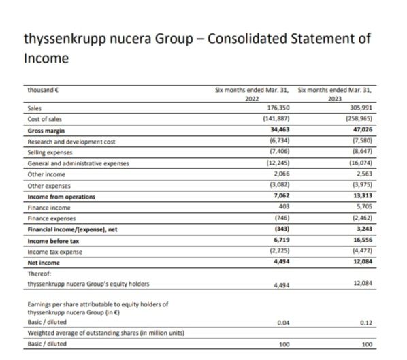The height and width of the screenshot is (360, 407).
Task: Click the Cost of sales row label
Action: click(x=44, y=119)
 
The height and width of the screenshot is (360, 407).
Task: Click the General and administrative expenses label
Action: click(x=78, y=163)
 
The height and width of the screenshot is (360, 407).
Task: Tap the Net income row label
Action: click(x=43, y=263)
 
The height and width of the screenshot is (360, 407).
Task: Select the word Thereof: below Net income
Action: click(x=39, y=273)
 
